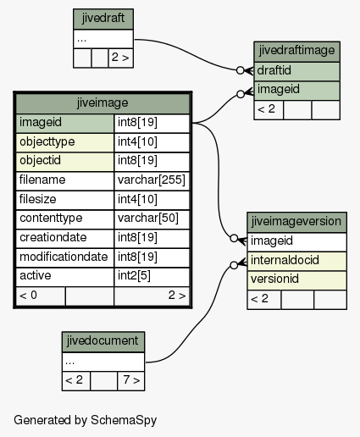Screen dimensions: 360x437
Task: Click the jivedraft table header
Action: (103, 19)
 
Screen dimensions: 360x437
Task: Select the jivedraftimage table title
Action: (296, 52)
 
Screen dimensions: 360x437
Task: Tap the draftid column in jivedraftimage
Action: (296, 71)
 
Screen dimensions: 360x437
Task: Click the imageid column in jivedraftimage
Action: (296, 91)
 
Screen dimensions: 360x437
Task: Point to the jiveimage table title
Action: (102, 103)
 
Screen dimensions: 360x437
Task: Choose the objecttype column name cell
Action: (65, 142)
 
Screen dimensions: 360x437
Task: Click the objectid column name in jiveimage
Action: (65, 162)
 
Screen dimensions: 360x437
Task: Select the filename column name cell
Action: (65, 180)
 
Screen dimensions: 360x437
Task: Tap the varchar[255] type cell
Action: (152, 180)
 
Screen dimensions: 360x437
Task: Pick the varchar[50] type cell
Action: (152, 219)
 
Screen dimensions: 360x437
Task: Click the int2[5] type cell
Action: (152, 277)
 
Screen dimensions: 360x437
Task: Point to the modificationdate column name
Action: (65, 257)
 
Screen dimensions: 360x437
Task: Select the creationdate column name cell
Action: (65, 238)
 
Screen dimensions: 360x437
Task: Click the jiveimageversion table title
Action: (296, 222)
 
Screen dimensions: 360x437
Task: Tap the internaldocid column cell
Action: (296, 261)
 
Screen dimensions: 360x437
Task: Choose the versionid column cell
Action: (296, 280)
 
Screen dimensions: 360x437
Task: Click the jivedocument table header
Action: (103, 341)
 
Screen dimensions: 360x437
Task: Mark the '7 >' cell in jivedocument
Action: (131, 381)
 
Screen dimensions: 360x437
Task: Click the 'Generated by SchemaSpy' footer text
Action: (85, 420)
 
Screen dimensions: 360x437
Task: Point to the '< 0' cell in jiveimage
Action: (41, 296)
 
